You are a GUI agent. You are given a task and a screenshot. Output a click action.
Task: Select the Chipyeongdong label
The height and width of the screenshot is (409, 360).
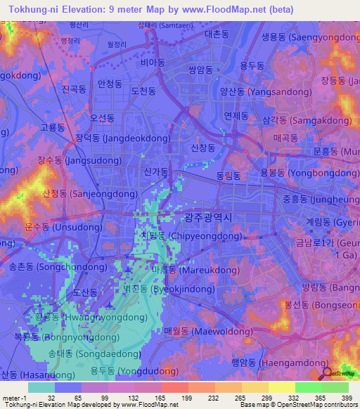tap(181, 236)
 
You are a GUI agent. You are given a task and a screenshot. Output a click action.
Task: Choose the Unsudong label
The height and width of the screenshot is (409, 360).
tap(63, 227)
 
